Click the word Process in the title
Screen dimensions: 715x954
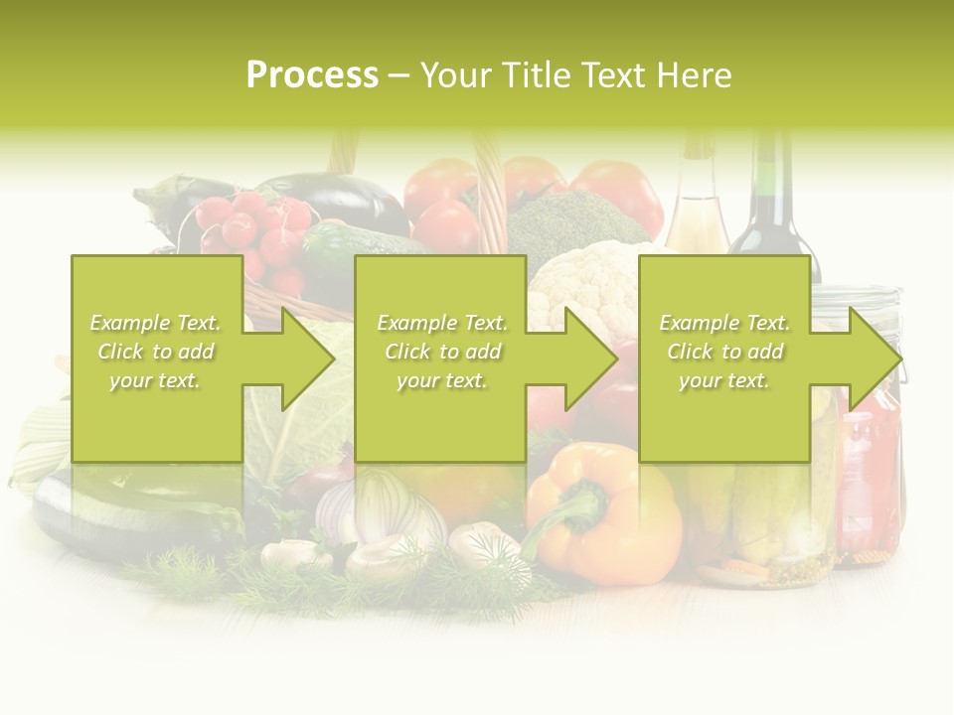[312, 75]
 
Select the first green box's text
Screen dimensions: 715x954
[155, 352]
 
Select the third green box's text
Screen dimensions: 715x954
[724, 352]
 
